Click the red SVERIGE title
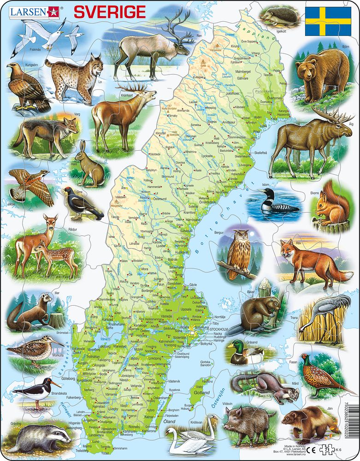(x=110, y=12)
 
